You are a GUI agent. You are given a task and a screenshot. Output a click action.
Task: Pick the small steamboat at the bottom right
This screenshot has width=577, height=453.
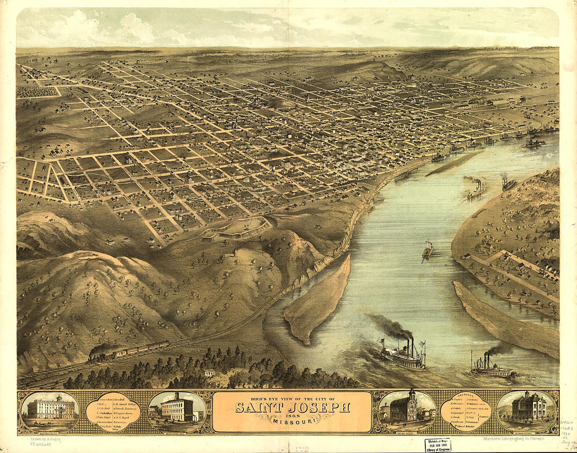coord(492,370)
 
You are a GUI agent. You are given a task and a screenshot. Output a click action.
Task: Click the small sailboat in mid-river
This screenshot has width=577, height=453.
coord(428,250)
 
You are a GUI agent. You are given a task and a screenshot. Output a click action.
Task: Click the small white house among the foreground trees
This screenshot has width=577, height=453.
coord(210,373)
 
